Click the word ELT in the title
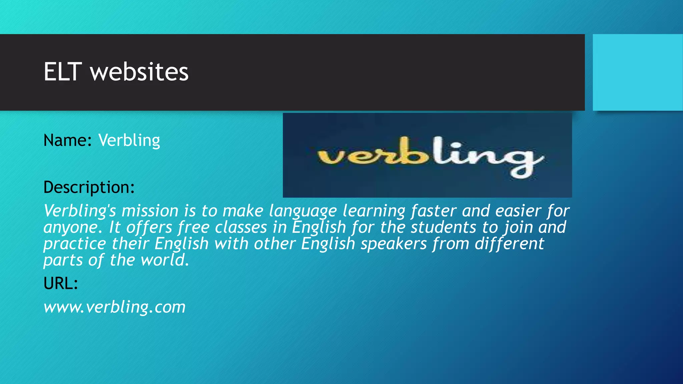(x=63, y=72)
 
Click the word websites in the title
(x=139, y=72)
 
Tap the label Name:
(x=67, y=140)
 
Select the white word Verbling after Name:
(x=129, y=140)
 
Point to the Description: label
(x=89, y=187)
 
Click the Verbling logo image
(x=427, y=155)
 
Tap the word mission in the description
(x=150, y=211)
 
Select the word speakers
(x=394, y=244)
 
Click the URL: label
(x=61, y=283)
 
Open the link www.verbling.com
(x=114, y=307)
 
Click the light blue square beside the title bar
(x=638, y=72)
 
